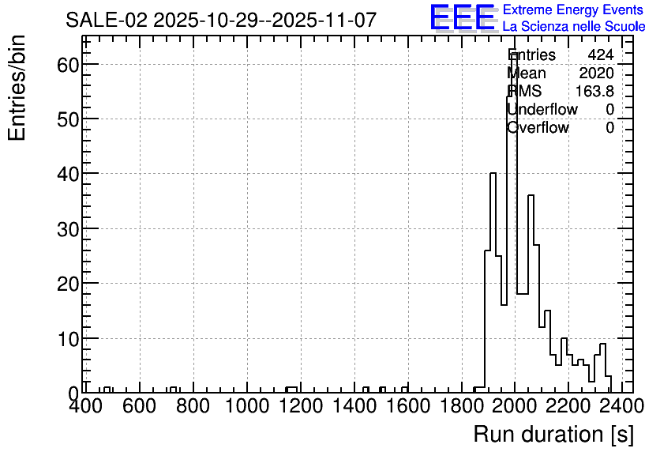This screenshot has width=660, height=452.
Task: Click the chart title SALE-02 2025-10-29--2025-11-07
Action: point(221,20)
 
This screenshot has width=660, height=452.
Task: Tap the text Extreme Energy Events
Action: point(573,9)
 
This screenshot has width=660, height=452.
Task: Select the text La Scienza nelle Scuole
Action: point(574,27)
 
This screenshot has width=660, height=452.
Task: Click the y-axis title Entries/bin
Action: point(17,88)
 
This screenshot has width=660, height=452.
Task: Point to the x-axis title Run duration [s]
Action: point(553,434)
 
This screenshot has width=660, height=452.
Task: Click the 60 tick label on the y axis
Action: point(68,65)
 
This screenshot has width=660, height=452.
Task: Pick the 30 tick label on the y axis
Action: point(68,228)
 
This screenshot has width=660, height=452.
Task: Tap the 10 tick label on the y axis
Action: point(68,339)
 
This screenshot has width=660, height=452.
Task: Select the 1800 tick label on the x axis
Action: point(462,406)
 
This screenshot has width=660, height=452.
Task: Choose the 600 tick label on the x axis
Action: point(139,406)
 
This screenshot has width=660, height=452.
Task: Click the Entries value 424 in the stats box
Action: point(601,55)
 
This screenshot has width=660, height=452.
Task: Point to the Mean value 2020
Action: point(596,73)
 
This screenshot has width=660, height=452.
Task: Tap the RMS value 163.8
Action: point(594,91)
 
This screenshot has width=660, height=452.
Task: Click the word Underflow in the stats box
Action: point(542,109)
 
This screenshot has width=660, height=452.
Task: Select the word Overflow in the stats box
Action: point(538,127)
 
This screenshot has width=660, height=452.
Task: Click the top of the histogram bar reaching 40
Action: point(493,173)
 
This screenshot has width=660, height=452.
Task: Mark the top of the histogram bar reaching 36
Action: point(531,195)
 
